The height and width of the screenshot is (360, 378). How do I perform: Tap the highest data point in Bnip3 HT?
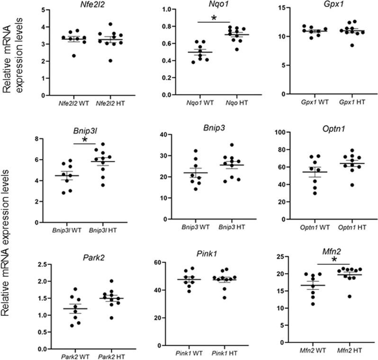[x=232, y=145]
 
